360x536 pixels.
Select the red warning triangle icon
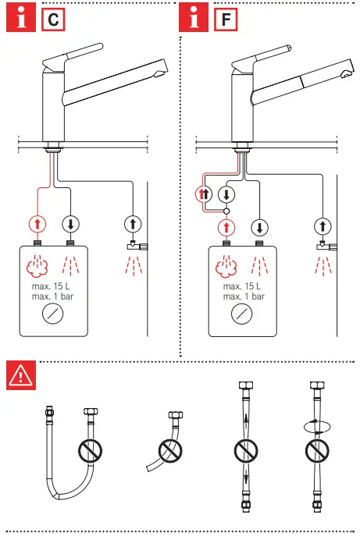pos(20,376)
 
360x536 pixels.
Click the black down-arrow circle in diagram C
pos(71,223)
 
